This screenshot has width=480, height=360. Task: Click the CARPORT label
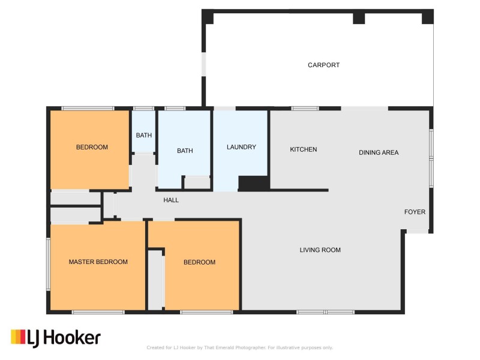tap(323, 65)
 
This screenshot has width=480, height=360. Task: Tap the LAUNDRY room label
tap(241, 147)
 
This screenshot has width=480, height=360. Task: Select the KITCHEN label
tap(304, 149)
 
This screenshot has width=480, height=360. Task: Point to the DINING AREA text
tap(379, 152)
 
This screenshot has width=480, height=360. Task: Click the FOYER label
tap(415, 212)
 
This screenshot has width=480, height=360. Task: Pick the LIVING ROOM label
tap(320, 250)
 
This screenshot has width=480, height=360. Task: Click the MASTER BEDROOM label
tap(98, 262)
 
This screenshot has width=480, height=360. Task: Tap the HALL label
tap(171, 200)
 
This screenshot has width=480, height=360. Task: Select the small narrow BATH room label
tap(144, 135)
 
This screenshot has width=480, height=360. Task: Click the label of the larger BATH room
tap(185, 151)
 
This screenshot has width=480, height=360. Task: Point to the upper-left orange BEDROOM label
tap(92, 147)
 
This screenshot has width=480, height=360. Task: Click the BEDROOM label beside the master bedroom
tap(199, 262)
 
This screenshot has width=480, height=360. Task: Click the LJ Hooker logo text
tap(64, 338)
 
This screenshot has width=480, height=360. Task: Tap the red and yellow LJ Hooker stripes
tap(18, 337)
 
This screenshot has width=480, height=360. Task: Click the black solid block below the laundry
tap(254, 183)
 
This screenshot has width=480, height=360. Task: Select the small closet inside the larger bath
tap(197, 183)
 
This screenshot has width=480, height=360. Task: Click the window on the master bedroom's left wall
tap(48, 264)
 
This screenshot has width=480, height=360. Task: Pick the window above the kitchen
tap(305, 109)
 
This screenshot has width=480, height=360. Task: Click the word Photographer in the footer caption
tap(250, 347)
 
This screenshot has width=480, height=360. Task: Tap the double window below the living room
tap(325, 312)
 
